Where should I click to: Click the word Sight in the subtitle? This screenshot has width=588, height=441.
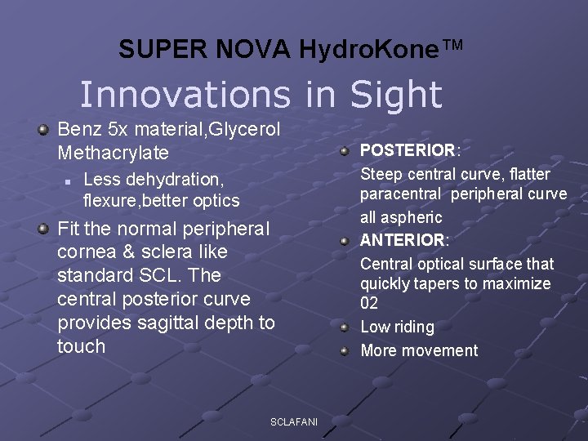tap(396, 95)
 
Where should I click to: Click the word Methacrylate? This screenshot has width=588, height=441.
tap(113, 153)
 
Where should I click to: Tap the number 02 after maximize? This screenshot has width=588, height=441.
tap(369, 304)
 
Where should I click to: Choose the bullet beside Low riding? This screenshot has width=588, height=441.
tap(345, 327)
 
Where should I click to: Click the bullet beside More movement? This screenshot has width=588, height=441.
tap(345, 351)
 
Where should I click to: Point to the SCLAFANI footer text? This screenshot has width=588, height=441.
tap(294, 421)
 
